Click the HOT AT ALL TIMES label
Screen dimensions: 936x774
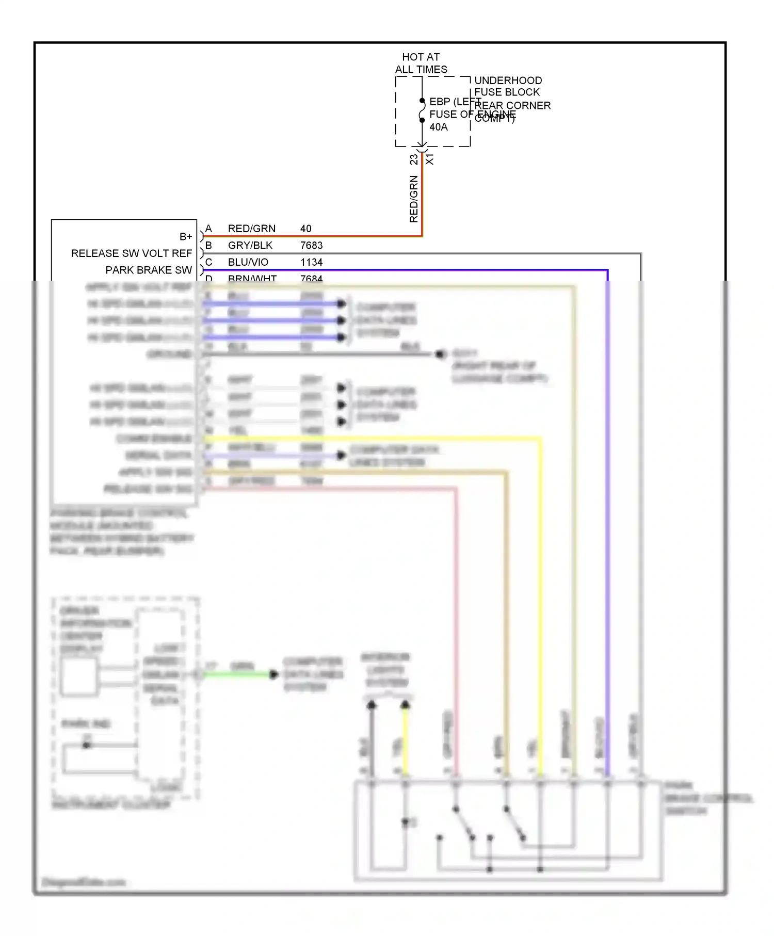coord(421,63)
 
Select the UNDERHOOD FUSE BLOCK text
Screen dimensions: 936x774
coord(508,86)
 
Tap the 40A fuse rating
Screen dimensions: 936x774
coord(439,127)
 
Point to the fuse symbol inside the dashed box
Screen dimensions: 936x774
coord(422,110)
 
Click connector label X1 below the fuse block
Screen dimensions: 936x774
coord(430,159)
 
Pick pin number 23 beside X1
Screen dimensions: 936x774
coord(414,159)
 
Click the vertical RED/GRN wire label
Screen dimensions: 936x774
coord(414,199)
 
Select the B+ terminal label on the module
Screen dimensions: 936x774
coord(186,236)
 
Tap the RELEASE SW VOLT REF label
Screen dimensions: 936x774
coord(132,253)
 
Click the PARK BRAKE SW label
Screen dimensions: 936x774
coord(149,270)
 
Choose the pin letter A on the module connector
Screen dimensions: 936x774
coord(208,229)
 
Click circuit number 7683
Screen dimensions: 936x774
coord(311,245)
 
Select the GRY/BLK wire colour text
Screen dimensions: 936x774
coord(250,245)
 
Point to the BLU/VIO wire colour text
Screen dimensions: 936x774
coord(248,262)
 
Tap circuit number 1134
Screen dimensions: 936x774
coord(311,262)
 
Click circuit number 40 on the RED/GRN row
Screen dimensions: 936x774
coord(305,229)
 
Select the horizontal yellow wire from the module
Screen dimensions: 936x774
coord(372,439)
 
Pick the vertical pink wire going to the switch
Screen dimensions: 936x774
coord(456,619)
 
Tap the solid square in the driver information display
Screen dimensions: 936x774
coord(79,677)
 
